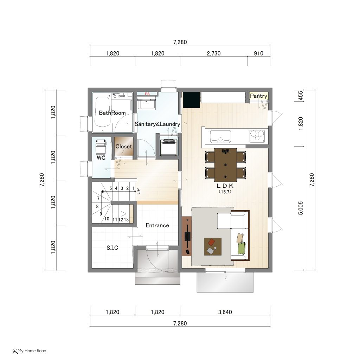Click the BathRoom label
(x=112, y=113)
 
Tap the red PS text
(x=147, y=94)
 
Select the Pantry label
(x=258, y=96)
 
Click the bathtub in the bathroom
(x=103, y=111)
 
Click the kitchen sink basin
(x=220, y=136)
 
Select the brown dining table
(x=225, y=165)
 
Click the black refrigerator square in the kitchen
(x=191, y=99)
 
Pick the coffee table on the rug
(x=213, y=246)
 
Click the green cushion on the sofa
(x=242, y=248)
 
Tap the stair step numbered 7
(x=98, y=198)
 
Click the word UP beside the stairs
(x=138, y=191)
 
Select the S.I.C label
(x=112, y=247)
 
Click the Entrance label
(x=157, y=225)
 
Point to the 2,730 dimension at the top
(x=213, y=53)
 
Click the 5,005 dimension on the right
(x=301, y=208)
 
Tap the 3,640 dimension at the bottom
(x=225, y=312)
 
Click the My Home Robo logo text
(x=32, y=351)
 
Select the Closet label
(x=123, y=147)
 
